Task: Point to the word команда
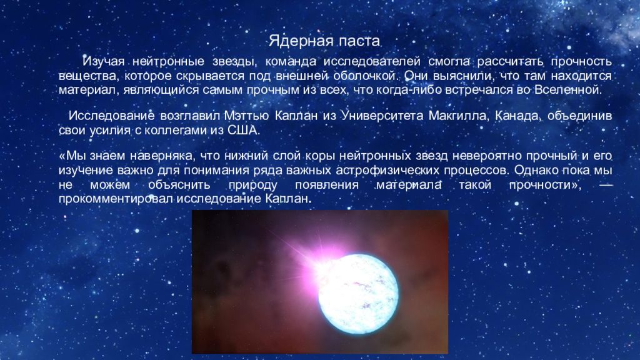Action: pos(289,62)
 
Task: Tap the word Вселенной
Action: pos(568,90)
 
